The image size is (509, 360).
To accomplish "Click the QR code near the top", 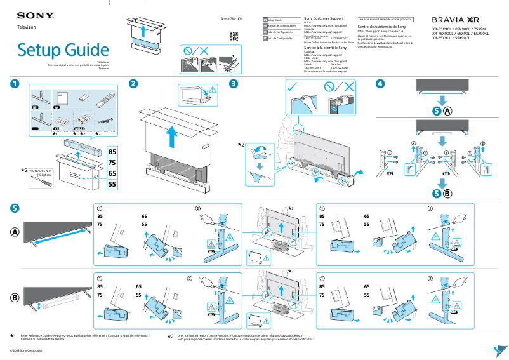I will coord(233,36).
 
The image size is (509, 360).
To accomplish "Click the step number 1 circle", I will coord(15,84).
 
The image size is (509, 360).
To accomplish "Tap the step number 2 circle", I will coord(133,84).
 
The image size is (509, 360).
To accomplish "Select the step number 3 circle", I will coord(234,84).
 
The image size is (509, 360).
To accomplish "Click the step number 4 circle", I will coord(380,84).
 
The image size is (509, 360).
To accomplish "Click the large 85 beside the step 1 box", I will coord(112,152).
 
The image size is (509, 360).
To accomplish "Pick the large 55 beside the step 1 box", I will coord(112,184).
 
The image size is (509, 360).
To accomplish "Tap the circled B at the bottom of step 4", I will coord(447,193).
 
